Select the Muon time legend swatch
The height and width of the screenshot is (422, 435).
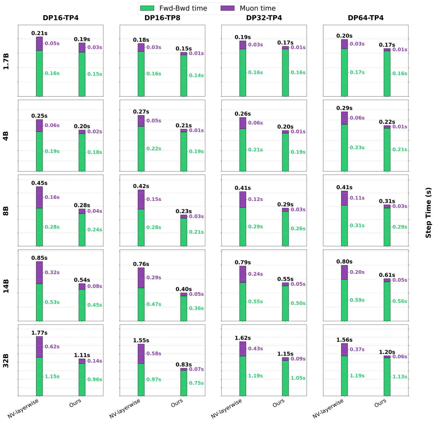pos(227,8)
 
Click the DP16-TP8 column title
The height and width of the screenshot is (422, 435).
pos(162,18)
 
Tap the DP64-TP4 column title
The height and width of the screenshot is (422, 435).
pos(366,18)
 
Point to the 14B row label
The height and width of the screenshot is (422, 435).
pos(6,286)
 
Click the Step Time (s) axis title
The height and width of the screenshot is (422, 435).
pos(428,212)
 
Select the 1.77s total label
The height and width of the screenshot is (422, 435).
pos(39,333)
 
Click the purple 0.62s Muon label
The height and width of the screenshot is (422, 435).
pos(52,347)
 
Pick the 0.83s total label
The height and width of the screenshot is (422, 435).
pos(184,365)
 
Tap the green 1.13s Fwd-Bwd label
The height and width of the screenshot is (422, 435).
pos(400,377)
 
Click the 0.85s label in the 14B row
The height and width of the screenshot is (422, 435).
pos(39,258)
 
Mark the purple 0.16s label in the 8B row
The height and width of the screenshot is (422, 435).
pos(52,197)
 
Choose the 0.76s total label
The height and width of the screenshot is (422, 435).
pos(141,264)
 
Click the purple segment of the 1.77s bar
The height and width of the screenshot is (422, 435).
pos(39,347)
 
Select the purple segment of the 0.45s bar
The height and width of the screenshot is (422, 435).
pos(39,197)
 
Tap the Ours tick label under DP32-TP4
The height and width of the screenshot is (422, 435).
pos(278,403)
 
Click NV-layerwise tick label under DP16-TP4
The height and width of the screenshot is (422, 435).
pos(23,408)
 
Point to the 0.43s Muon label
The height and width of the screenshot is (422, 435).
pos(255,349)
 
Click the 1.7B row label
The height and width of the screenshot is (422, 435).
pos(6,61)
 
